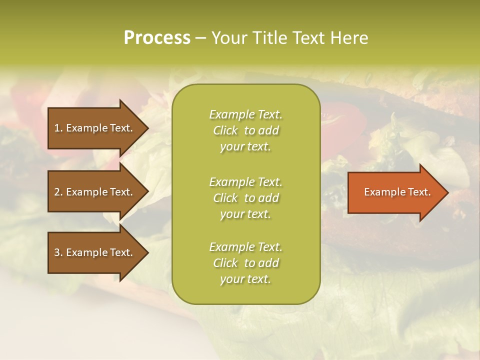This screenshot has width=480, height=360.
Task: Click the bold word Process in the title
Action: pos(157,38)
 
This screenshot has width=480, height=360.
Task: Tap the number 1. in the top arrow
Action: pos(58,128)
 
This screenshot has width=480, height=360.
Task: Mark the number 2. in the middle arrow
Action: pos(58,192)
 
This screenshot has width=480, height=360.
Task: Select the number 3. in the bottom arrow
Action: pos(58,252)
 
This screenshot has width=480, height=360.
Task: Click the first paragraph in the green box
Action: pos(245,130)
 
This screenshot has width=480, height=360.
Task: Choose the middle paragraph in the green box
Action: pos(245,198)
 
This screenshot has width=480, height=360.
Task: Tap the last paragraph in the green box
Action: pos(245,263)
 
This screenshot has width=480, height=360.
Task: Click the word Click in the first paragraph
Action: pos(225,130)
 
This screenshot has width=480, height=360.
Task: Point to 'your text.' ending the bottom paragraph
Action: pos(245,279)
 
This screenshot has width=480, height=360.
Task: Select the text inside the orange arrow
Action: pos(397,192)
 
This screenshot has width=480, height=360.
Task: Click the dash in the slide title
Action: pos(200,38)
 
